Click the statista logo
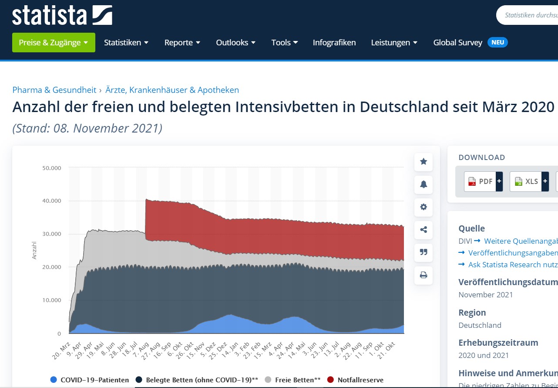[62, 15]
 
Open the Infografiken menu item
[334, 43]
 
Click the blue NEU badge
[497, 42]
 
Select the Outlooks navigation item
[235, 43]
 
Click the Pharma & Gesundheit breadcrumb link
[54, 90]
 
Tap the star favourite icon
[424, 162]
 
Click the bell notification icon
[424, 184]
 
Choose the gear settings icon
[424, 207]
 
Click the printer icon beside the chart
[424, 275]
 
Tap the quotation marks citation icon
[424, 252]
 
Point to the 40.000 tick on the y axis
[52, 201]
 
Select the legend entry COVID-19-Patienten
[90, 380]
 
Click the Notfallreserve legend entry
[355, 380]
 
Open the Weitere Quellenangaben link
[518, 241]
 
